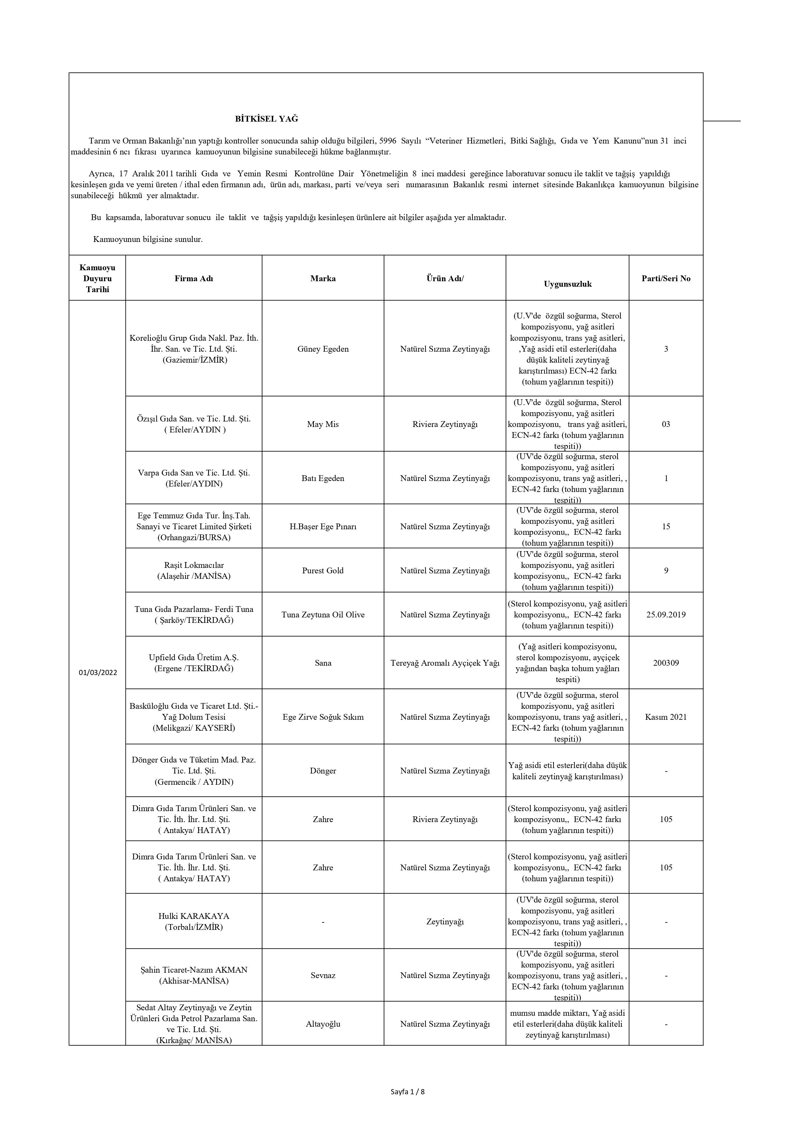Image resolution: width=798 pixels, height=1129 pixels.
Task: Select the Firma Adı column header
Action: [x=194, y=278]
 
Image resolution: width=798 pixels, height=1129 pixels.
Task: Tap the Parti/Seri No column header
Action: [x=666, y=278]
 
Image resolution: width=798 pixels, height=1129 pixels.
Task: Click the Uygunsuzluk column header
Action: [x=567, y=284]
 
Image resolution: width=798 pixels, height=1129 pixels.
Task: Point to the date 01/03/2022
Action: [x=98, y=673]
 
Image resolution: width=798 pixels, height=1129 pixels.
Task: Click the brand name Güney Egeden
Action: [x=323, y=349]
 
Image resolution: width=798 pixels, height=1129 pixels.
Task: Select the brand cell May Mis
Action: [x=323, y=424]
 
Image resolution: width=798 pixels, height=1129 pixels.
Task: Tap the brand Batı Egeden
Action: [x=323, y=478]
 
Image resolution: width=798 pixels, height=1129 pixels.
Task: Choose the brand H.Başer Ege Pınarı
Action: [x=323, y=527]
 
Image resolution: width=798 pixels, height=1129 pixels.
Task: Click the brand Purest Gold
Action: [x=323, y=571]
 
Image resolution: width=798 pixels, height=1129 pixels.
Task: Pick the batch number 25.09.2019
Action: [x=666, y=615]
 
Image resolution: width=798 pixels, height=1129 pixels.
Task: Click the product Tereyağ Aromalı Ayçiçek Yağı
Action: [x=445, y=663]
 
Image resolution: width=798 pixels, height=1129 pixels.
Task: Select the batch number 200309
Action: [x=666, y=663]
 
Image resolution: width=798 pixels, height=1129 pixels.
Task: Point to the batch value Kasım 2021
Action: [x=666, y=717]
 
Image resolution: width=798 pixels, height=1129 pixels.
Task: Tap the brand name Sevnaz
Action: [x=323, y=975]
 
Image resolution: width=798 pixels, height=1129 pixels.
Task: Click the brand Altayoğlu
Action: [x=323, y=1024]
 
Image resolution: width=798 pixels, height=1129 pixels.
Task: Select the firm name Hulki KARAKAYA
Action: [x=194, y=916]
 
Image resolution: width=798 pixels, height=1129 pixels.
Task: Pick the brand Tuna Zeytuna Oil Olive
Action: [x=323, y=615]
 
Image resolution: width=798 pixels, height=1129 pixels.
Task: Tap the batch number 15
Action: [x=666, y=527]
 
